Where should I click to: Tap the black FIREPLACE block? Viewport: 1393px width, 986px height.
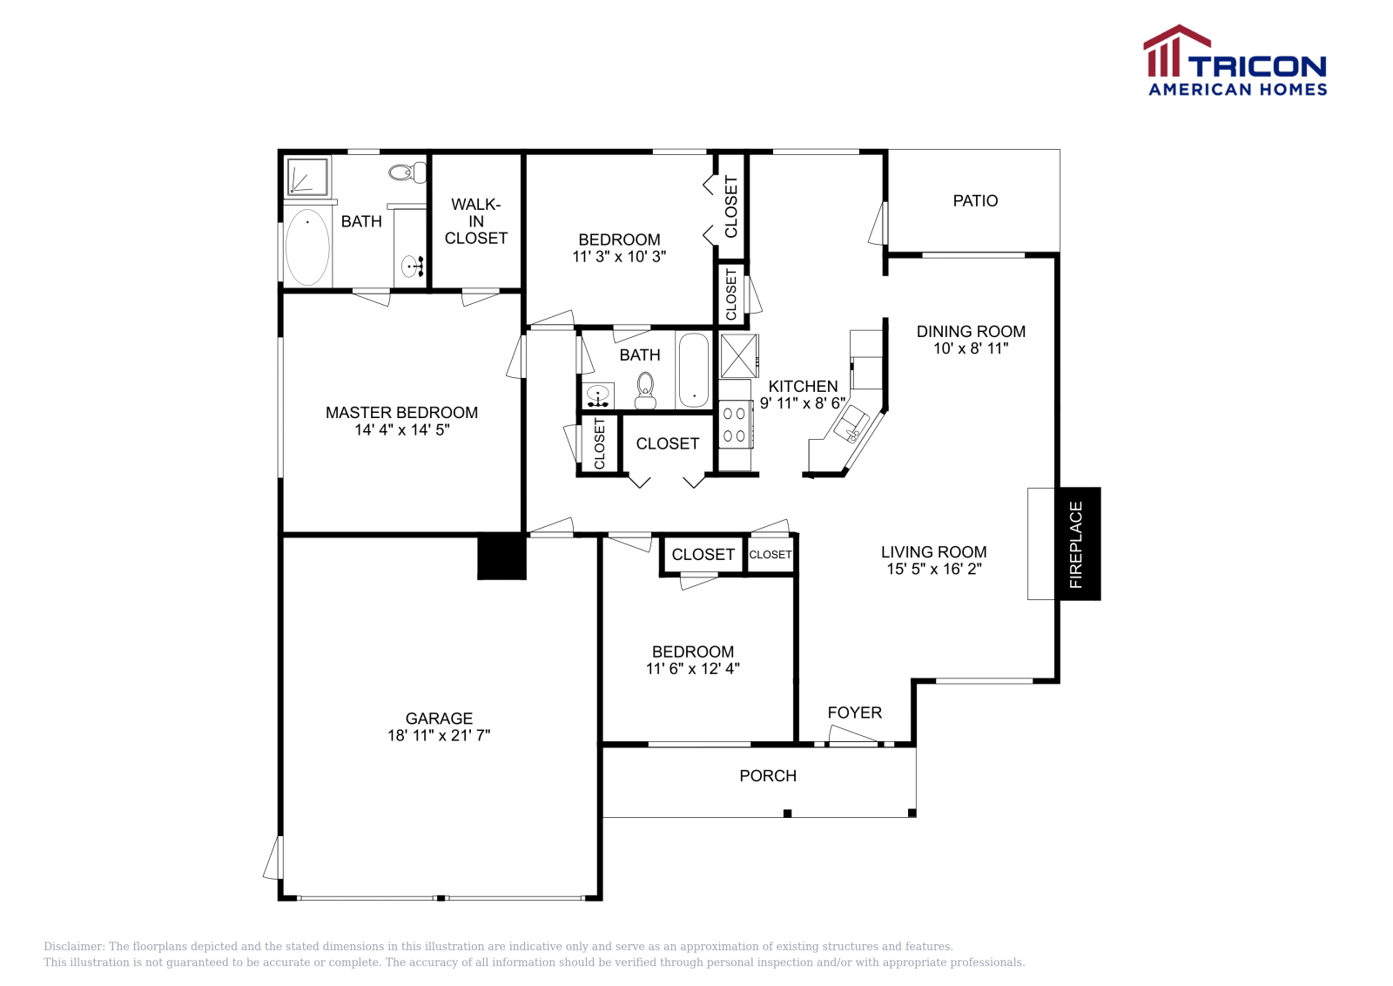coord(1078,544)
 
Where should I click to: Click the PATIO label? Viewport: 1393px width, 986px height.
coord(975,201)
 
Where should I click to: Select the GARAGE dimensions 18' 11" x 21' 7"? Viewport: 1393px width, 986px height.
coord(439,735)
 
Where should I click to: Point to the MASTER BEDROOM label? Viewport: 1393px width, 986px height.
coord(401,413)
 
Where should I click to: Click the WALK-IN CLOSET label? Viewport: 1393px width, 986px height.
coord(475,221)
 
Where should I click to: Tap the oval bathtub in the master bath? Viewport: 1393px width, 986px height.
coord(307,247)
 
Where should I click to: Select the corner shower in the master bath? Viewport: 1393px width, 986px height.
coord(307,177)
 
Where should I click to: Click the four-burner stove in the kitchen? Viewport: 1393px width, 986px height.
coord(735,425)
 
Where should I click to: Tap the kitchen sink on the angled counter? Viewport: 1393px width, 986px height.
coord(851,426)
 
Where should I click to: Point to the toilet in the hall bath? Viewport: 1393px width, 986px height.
coord(645,389)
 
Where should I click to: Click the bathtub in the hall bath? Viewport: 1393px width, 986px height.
coord(694,370)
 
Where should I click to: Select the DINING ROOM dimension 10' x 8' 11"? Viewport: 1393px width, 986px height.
coord(971,348)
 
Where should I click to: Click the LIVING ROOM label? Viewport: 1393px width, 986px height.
coord(933,552)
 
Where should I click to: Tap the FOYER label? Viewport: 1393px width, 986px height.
coord(854,712)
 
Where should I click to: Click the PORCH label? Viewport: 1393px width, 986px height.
coord(768,776)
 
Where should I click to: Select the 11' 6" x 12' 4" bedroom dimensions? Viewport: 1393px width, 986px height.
coord(692,669)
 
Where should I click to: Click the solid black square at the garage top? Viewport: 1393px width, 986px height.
coord(501,557)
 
